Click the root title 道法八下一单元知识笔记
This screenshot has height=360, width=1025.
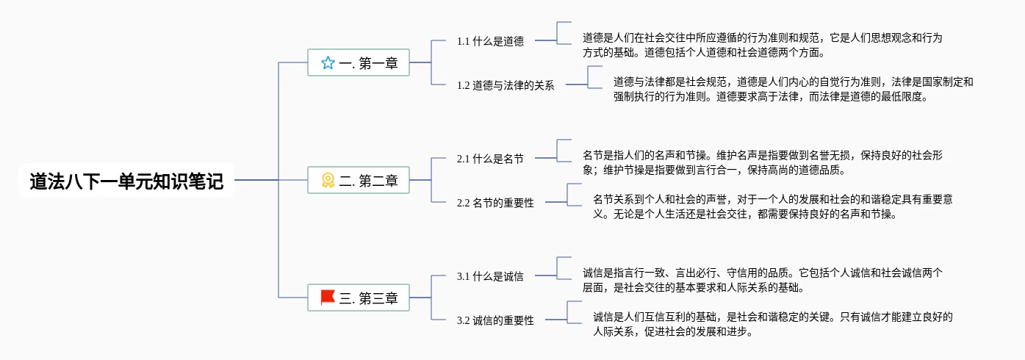(x=126, y=181)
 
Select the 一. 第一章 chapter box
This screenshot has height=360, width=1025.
(x=358, y=63)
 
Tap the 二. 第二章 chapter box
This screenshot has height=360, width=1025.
(x=358, y=180)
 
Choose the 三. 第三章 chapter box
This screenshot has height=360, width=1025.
(x=358, y=298)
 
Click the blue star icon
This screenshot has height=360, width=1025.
(x=328, y=63)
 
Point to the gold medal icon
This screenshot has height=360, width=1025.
(x=328, y=180)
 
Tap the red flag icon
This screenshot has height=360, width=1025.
(x=328, y=298)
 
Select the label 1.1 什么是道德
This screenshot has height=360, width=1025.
(x=490, y=41)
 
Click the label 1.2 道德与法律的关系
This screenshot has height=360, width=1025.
(x=506, y=85)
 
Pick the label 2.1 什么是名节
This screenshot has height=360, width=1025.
(x=490, y=159)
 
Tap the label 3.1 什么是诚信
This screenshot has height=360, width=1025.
(x=490, y=276)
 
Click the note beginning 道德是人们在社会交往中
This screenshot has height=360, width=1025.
(x=762, y=45)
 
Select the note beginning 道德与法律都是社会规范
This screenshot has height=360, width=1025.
(x=793, y=89)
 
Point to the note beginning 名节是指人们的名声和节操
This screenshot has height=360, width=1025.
(x=762, y=162)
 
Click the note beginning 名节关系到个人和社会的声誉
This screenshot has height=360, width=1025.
(x=772, y=206)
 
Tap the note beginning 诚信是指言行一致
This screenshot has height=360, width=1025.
(x=762, y=280)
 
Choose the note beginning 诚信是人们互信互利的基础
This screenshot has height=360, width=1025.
(x=772, y=324)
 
